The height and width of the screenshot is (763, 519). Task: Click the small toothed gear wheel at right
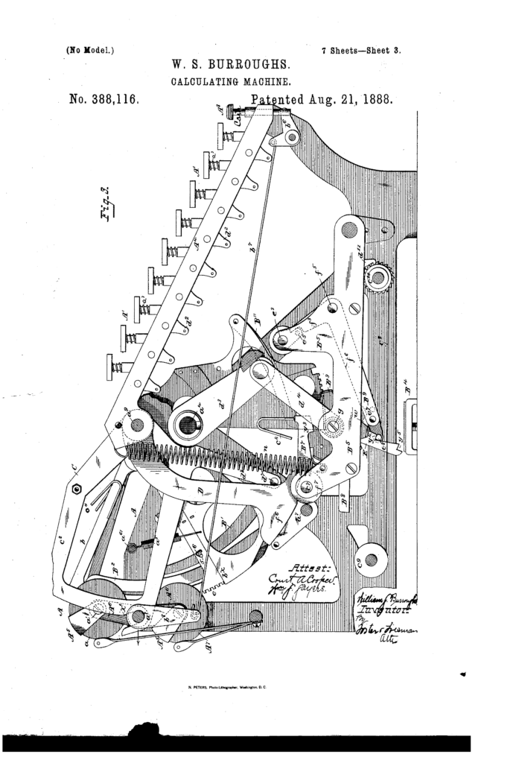378,278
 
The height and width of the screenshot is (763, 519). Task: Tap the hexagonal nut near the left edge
77,489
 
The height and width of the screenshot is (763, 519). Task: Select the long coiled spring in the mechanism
216,460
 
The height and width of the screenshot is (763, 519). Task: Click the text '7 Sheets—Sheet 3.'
362,51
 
